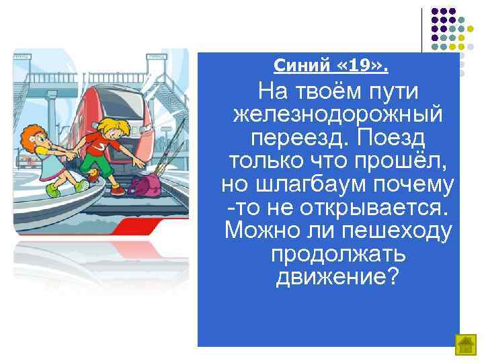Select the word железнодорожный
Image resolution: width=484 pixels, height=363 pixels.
337,114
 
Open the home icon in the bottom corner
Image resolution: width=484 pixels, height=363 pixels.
465,345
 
